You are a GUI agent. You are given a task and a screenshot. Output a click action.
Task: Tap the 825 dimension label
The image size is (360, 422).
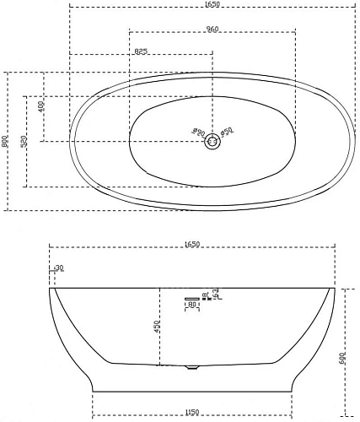click(142, 51)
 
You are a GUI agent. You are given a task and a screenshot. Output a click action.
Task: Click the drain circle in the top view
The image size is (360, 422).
click(212, 142)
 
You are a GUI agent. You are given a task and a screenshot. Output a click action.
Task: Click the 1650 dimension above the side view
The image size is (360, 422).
click(191, 245)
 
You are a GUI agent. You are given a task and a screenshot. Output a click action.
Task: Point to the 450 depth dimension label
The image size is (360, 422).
click(155, 327)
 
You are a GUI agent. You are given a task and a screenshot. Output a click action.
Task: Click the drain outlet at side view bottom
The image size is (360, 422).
click(190, 367)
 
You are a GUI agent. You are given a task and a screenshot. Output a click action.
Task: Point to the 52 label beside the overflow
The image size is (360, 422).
click(216, 293)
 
